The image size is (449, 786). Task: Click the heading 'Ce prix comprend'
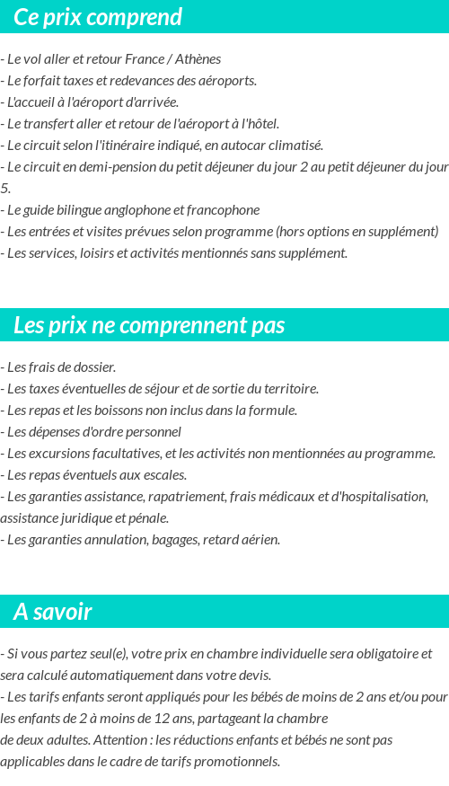click(98, 17)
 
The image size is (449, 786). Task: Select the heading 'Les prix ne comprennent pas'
click(149, 325)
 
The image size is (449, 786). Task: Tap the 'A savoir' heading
click(53, 612)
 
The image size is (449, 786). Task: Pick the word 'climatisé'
click(295, 146)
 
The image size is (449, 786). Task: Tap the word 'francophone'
click(225, 210)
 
